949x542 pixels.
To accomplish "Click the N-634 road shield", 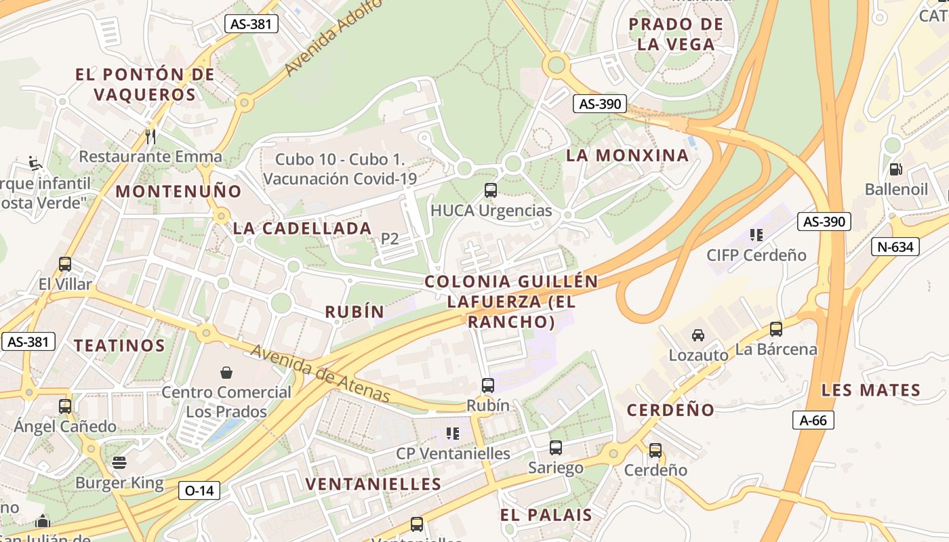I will tap(895, 247).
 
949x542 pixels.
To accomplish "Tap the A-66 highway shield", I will tap(813, 420).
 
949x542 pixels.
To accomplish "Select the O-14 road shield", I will tap(199, 490).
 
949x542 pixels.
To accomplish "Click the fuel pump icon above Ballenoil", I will tap(895, 169).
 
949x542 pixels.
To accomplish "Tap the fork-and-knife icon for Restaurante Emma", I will tap(150, 137).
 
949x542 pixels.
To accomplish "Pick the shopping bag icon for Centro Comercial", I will tap(226, 372).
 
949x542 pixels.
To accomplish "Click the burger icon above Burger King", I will tap(119, 463).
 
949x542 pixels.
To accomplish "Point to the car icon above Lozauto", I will tap(698, 335).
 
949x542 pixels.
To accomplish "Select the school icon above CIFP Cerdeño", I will tap(756, 235).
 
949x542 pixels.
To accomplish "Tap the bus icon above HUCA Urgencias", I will tap(491, 190).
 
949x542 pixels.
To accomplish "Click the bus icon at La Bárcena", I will tap(776, 329).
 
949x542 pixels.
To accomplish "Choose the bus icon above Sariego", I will tap(556, 448).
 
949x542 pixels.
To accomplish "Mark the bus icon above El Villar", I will tap(65, 264).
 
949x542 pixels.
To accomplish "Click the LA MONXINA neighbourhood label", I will tap(627, 155).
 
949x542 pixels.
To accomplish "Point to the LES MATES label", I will tap(870, 390).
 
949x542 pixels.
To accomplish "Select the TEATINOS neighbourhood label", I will tap(119, 346).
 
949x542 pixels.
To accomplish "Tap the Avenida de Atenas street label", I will tap(320, 374).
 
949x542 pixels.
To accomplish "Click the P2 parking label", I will tap(389, 238).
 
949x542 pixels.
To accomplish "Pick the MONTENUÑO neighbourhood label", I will tap(178, 191).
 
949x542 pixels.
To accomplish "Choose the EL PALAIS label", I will tap(546, 515).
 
